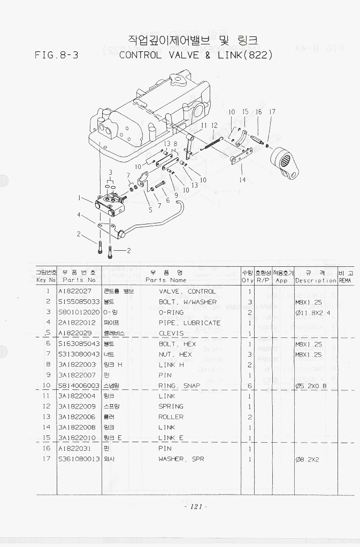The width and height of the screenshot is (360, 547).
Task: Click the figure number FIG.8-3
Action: [x=56, y=55]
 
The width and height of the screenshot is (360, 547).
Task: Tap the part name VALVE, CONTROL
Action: [x=187, y=291]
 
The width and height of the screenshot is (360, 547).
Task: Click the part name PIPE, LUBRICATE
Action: [x=189, y=323]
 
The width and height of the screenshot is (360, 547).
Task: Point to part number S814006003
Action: [x=79, y=386]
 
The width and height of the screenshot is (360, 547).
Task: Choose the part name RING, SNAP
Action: [x=179, y=386]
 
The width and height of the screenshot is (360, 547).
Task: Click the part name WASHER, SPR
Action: [x=181, y=459]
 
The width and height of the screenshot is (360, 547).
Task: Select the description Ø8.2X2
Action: [x=307, y=459]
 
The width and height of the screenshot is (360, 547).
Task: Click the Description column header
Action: [x=316, y=280]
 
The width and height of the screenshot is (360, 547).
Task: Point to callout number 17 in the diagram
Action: [x=272, y=112]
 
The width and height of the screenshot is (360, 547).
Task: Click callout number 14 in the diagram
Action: [x=242, y=180]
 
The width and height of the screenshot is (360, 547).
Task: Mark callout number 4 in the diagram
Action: [x=79, y=215]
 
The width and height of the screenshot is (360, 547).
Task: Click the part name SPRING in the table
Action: [x=171, y=406]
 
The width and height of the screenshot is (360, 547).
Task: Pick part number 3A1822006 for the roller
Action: [x=76, y=417]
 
